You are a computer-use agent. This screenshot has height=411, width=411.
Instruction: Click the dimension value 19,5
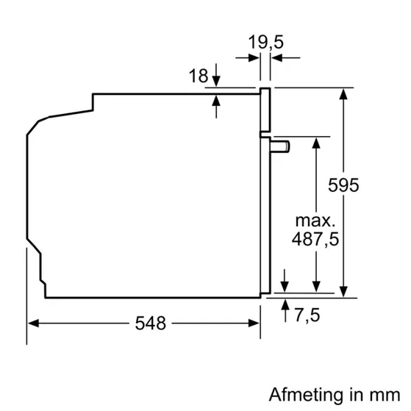tap(265, 43)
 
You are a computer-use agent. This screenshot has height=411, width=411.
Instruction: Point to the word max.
tap(315, 219)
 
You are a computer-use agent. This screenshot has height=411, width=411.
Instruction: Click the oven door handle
tap(280, 146)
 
